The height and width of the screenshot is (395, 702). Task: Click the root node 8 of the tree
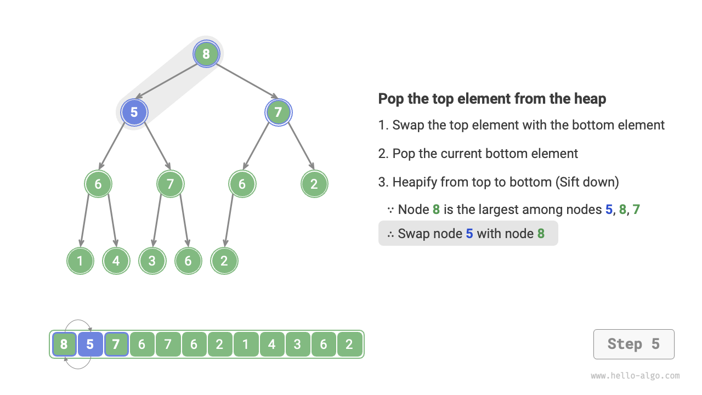pyautogui.click(x=206, y=54)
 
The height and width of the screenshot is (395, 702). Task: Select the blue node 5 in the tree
pyautogui.click(x=134, y=112)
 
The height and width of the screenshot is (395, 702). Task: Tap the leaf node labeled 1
pyautogui.click(x=80, y=261)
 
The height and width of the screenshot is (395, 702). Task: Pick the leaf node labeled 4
pyautogui.click(x=116, y=261)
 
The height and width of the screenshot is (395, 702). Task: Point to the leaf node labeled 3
pyautogui.click(x=152, y=261)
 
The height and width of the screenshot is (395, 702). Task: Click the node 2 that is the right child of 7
pyautogui.click(x=314, y=184)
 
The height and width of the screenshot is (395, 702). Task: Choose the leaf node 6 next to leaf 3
pyautogui.click(x=188, y=261)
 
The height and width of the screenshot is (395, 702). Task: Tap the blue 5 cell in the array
pyautogui.click(x=90, y=345)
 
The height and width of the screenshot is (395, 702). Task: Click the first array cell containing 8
pyautogui.click(x=64, y=345)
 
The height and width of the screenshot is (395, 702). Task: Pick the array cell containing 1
pyautogui.click(x=246, y=345)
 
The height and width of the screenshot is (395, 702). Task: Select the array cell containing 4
pyautogui.click(x=272, y=345)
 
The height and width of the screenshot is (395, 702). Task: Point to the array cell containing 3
pyautogui.click(x=298, y=345)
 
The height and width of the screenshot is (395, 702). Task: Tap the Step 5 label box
pyautogui.click(x=633, y=344)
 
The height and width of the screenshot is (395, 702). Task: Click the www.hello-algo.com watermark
pyautogui.click(x=635, y=376)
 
